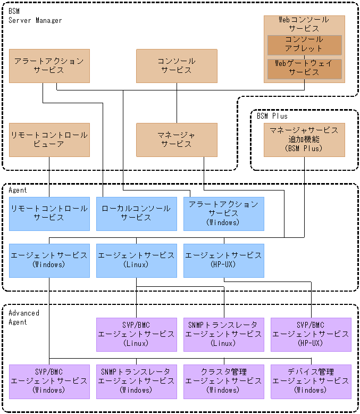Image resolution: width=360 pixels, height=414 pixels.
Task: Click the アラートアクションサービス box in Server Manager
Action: click(49, 66)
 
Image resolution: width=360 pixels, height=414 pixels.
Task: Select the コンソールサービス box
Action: click(177, 66)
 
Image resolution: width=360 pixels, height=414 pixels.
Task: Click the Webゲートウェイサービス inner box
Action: click(304, 68)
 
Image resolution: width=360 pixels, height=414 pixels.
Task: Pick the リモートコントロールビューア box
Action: click(49, 140)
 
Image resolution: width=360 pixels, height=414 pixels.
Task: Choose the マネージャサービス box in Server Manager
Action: click(177, 140)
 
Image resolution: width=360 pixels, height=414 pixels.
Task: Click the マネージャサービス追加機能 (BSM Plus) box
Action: click(304, 140)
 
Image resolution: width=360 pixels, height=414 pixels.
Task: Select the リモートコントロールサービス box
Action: click(49, 213)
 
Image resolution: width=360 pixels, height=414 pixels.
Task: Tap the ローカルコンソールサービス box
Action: click(136, 213)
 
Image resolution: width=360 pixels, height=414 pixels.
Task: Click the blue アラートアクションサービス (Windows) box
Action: click(223, 213)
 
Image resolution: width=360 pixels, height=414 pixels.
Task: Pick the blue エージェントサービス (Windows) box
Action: click(49, 260)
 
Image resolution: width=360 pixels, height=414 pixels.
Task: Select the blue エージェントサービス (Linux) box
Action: click(136, 260)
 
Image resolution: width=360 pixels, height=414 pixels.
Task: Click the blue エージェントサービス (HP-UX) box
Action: click(223, 260)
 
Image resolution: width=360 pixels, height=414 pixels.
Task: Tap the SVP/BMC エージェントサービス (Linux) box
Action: click(136, 334)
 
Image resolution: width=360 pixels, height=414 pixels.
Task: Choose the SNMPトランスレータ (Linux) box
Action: click(223, 334)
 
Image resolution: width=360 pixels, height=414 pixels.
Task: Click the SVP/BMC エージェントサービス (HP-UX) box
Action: click(311, 334)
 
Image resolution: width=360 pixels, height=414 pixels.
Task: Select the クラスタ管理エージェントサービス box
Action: click(223, 381)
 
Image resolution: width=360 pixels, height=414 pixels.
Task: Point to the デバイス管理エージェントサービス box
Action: click(311, 381)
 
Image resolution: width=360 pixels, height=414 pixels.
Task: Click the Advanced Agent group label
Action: click(24, 318)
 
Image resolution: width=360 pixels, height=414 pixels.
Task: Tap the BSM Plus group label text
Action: click(272, 116)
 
